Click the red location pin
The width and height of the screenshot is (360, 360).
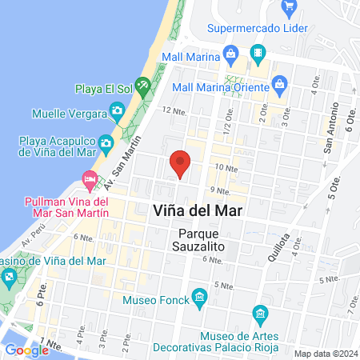click(x=181, y=164)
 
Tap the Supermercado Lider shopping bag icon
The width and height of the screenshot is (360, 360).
click(x=289, y=10)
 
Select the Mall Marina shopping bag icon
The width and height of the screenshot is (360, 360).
click(x=231, y=55)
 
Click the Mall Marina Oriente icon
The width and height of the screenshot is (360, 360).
click(x=280, y=82)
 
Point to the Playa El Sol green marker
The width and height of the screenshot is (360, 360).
click(x=143, y=83)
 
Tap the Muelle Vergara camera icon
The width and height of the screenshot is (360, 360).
click(x=118, y=110)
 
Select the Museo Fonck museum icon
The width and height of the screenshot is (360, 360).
click(x=199, y=299)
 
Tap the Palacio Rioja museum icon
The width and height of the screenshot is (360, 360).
click(x=259, y=313)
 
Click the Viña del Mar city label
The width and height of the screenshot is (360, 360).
click(x=197, y=210)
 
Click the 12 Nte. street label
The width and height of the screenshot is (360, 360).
click(x=174, y=110)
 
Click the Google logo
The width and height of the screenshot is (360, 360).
click(x=26, y=350)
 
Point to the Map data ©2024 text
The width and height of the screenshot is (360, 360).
click(x=325, y=354)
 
